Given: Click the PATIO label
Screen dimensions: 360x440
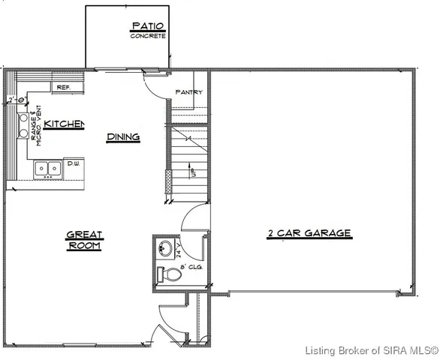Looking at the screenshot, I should pos(147,27).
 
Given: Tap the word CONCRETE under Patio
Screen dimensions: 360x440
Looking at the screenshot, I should pos(147,36).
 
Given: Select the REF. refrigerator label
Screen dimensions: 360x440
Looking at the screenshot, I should pos(63,88).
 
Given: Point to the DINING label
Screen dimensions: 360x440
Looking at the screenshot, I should pos(123,136).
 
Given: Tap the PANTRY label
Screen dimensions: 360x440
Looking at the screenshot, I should pos(188,92).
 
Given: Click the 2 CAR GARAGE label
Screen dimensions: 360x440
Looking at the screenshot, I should pos(309,233).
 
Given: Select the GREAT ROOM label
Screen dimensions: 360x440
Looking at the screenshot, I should pos(84,240).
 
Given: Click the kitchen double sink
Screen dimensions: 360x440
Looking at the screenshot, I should pos(47,169).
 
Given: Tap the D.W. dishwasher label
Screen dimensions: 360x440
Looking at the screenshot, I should pos(74,163).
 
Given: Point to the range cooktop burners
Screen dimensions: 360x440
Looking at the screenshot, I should pos(23,126).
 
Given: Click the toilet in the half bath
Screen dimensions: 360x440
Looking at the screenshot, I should pos(170,275).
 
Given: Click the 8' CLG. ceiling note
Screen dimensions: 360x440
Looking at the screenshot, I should pos(191,267).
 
